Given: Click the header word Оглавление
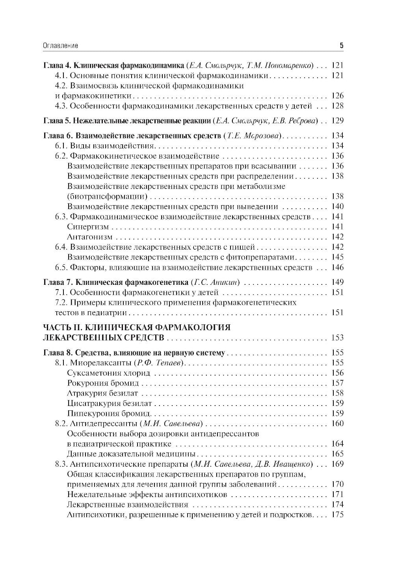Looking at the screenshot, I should (60, 46).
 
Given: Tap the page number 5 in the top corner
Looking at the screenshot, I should (341, 45).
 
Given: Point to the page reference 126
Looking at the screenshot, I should (338, 96).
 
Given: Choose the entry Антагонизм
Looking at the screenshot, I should (90, 237).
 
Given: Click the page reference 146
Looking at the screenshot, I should (338, 268).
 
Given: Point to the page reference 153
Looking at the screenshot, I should (338, 338).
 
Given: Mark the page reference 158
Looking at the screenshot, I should (338, 393).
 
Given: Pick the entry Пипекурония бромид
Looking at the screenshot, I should (109, 413).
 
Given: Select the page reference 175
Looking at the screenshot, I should (338, 515).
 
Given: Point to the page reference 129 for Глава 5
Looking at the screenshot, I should (338, 121).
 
